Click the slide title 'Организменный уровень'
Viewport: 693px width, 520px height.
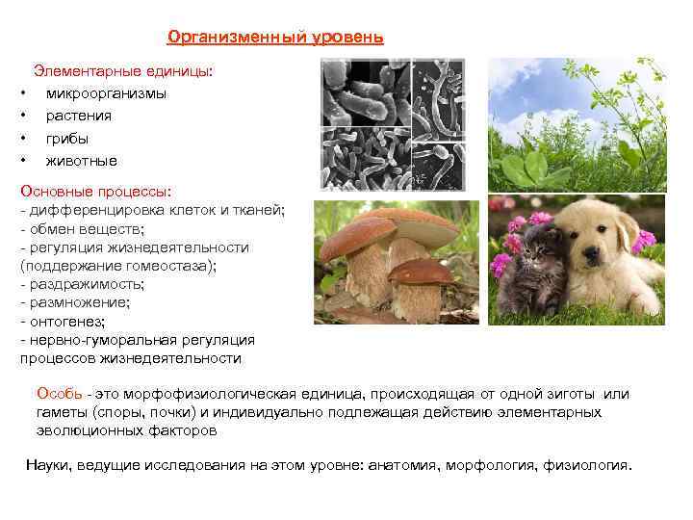[275, 38]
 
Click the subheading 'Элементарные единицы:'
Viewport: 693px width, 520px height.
[124, 71]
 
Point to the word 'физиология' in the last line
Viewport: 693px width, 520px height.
[590, 465]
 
